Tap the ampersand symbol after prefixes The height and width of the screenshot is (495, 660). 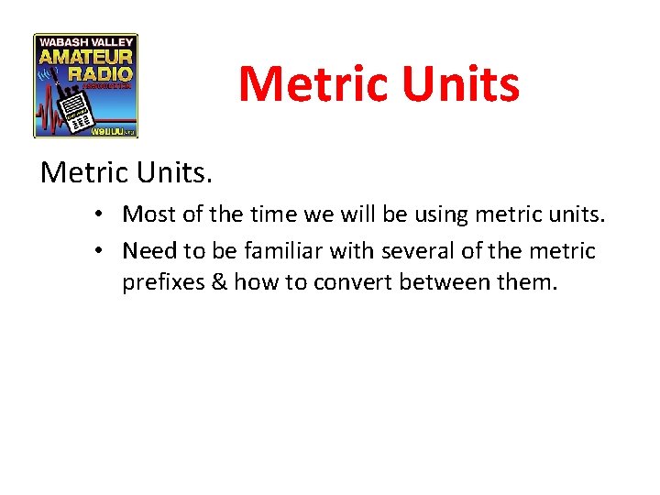pyautogui.click(x=219, y=282)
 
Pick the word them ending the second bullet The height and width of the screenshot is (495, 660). pyautogui.click(x=524, y=282)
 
